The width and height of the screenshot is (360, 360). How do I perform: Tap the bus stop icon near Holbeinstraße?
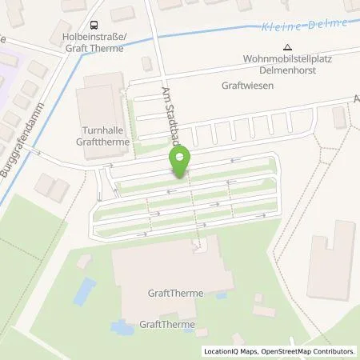pos(95,26)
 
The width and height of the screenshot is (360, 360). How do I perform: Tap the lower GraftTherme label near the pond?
pos(163,324)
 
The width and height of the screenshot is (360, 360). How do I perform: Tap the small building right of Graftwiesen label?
pos(338,118)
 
